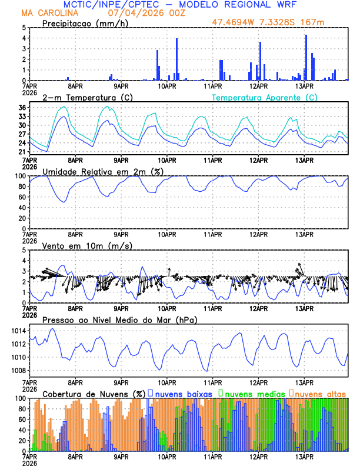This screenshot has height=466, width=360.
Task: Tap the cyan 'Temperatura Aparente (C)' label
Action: pyautogui.click(x=265, y=97)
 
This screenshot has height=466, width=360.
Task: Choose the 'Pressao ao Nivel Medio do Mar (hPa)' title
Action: pyautogui.click(x=119, y=319)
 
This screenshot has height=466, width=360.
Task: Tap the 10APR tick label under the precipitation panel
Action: pyautogui.click(x=167, y=86)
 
